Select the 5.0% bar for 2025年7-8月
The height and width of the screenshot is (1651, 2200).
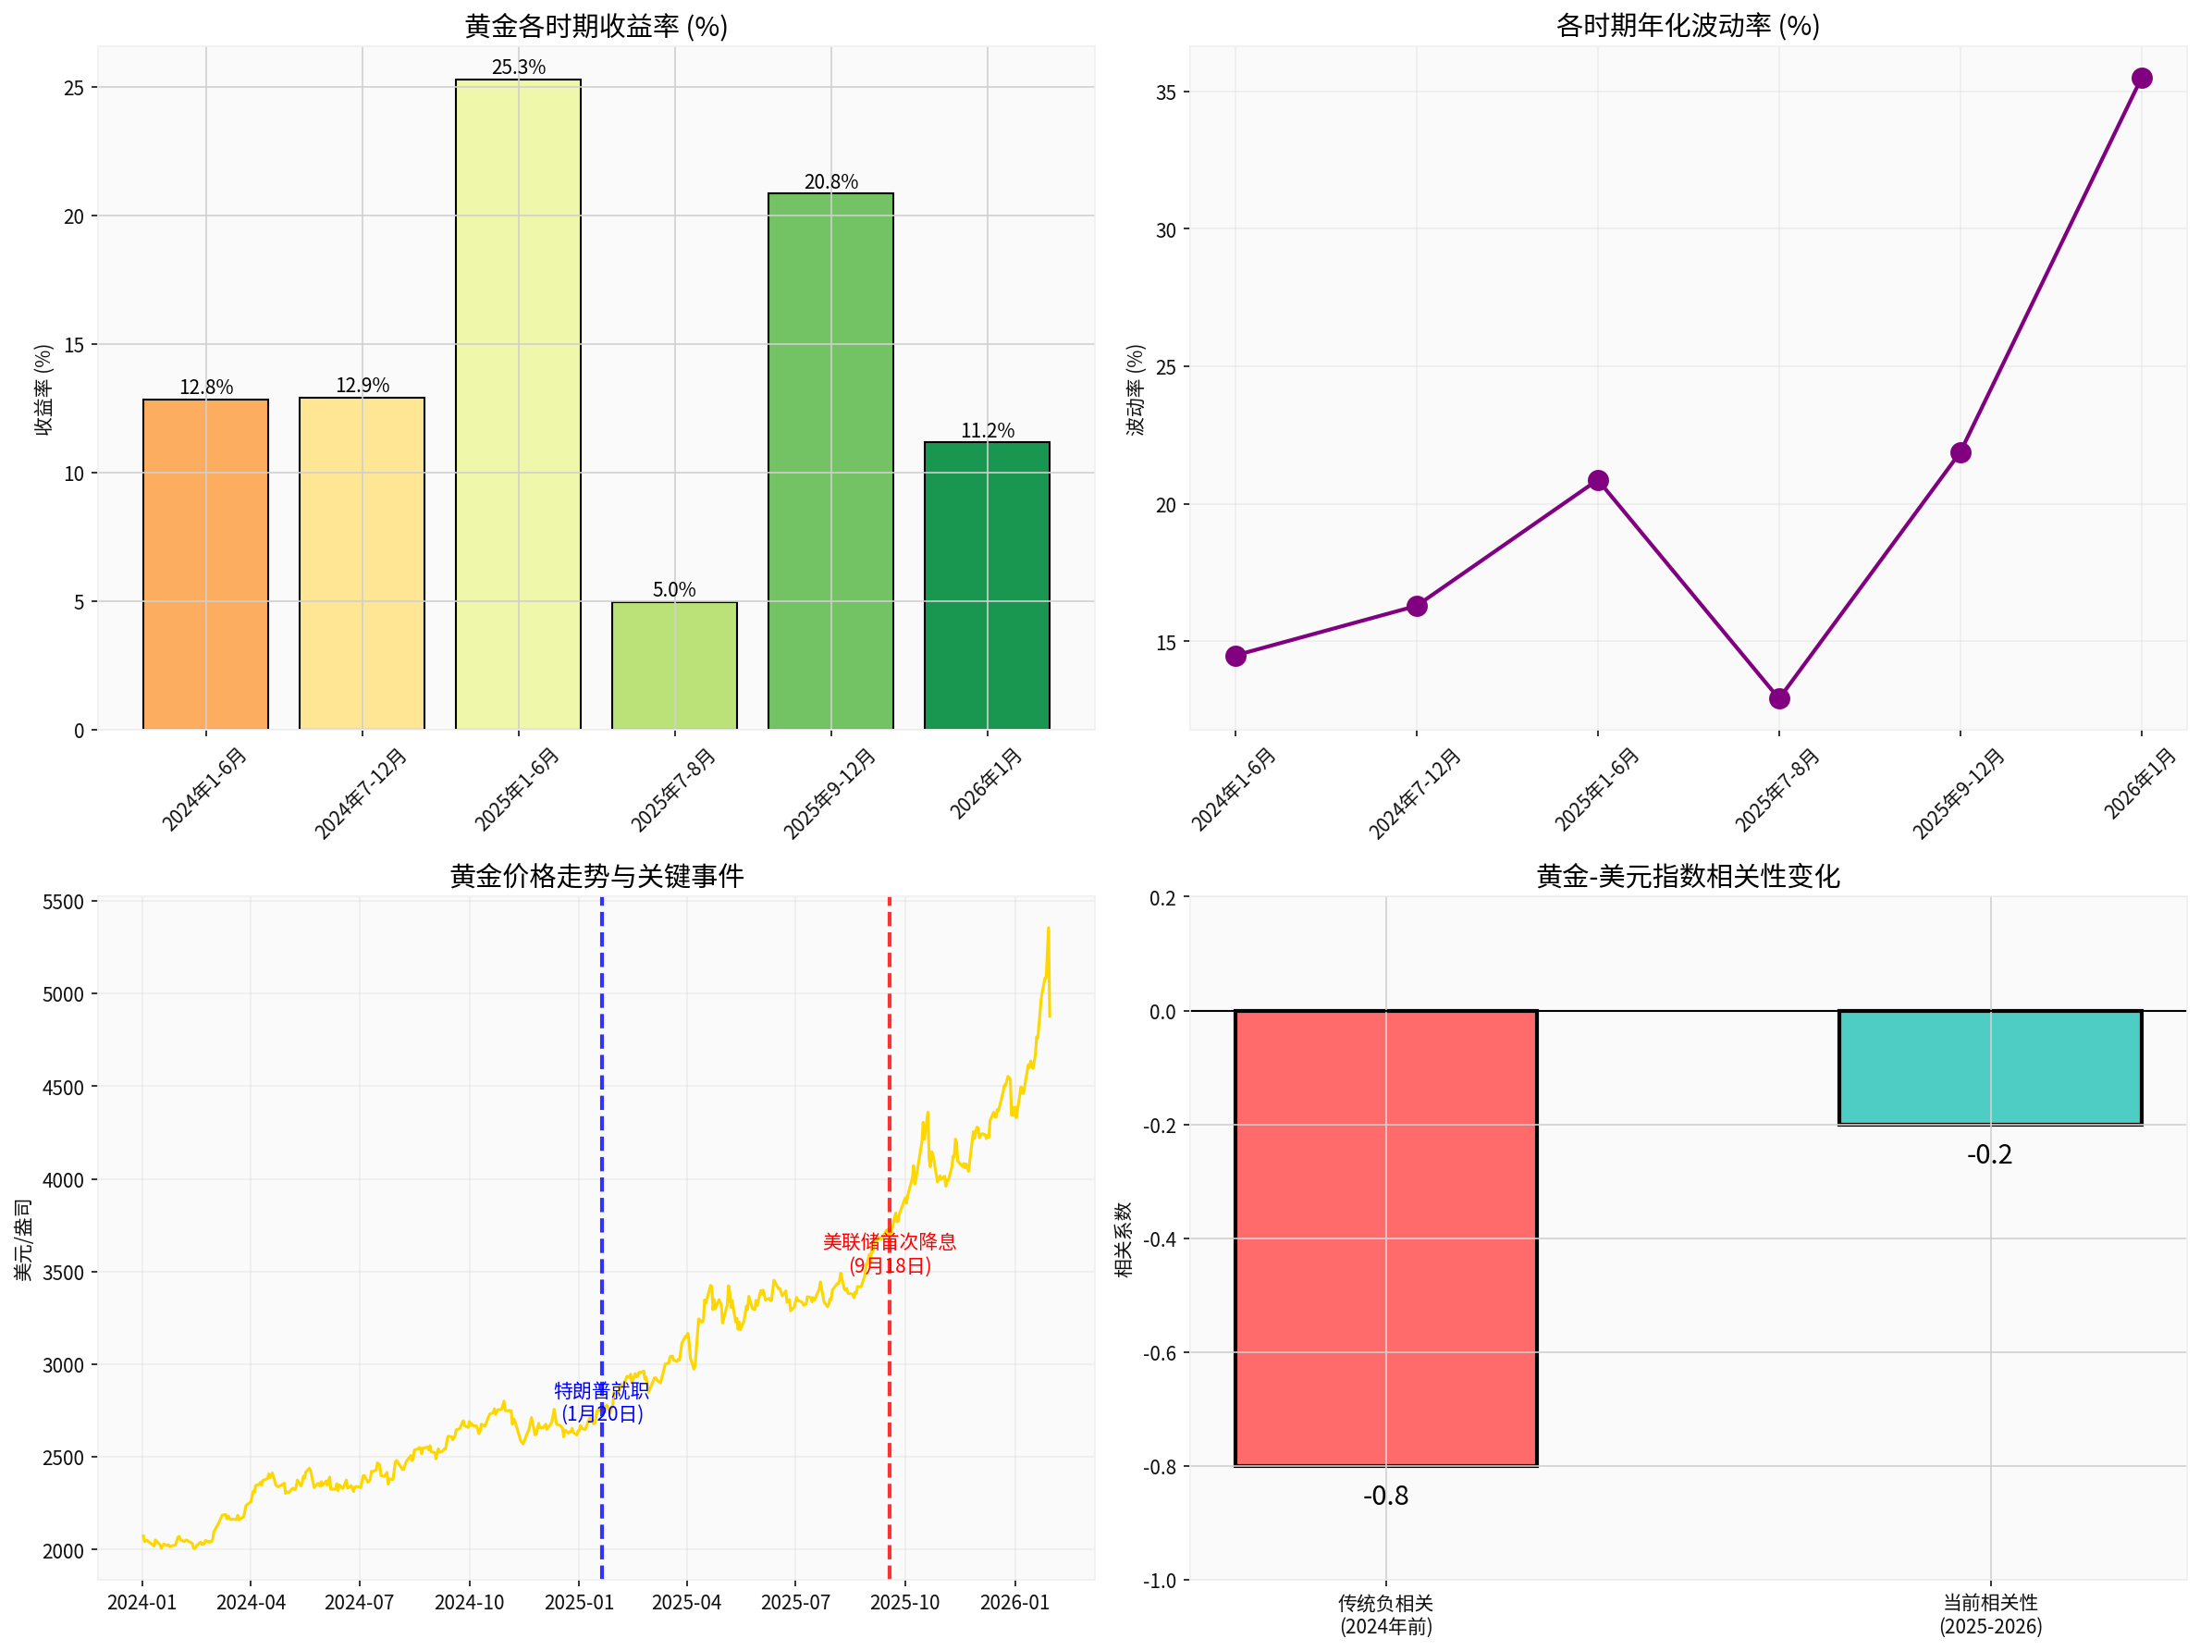[x=674, y=665]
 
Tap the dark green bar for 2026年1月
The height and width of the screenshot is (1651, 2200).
[x=987, y=585]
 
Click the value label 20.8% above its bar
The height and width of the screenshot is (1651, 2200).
[x=830, y=182]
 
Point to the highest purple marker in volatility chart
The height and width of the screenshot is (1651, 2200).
[x=2142, y=79]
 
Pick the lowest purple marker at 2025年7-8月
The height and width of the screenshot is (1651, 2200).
[x=1779, y=699]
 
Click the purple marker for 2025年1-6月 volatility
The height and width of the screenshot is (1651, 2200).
[x=1598, y=481]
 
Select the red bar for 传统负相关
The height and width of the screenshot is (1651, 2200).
[x=1385, y=1238]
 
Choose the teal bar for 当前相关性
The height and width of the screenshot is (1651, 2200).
[x=1989, y=1067]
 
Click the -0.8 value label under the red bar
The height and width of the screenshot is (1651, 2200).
[x=1385, y=1496]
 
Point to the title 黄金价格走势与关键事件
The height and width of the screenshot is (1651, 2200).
[x=596, y=876]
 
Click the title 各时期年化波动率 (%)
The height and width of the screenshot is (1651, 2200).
[x=1688, y=26]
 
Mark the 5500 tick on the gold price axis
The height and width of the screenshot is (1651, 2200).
[x=64, y=902]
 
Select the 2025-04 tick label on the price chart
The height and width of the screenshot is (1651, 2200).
[x=686, y=1602]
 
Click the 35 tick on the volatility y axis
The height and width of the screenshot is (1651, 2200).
[x=1165, y=92]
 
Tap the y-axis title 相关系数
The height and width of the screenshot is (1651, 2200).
[x=1124, y=1239]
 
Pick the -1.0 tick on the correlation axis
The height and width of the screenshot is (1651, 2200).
[x=1162, y=1581]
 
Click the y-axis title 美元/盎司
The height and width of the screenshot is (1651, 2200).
[x=23, y=1239]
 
